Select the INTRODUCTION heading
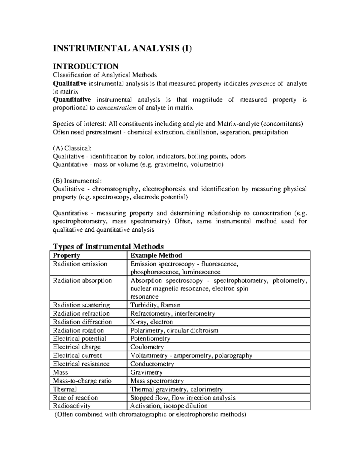coord(85,66)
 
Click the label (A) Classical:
coord(72,148)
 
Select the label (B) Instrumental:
coord(77,181)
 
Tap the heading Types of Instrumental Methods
coord(108,246)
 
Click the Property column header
coord(66,255)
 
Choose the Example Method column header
coord(156,255)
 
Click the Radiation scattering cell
coord(81,305)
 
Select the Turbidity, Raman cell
coord(155,305)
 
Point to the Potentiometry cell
coord(150,338)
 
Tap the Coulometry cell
coord(147,347)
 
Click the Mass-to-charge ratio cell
coord(82,381)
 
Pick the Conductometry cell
coord(152,364)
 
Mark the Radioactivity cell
coord(72,406)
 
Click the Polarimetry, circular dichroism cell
coord(174,330)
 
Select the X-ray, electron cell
coord(151,322)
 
